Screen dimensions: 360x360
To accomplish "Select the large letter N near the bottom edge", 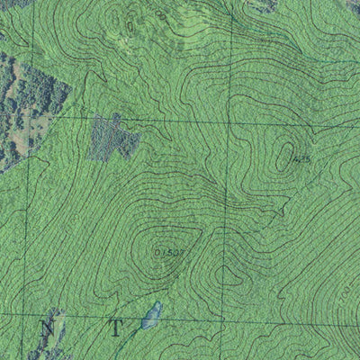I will pos(47,328).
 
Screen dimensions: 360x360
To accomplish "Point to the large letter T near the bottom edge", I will pos(115,326).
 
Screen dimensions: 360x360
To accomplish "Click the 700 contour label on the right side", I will pos(346,290).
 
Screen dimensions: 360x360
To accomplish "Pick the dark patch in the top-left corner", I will pos(13,4).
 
